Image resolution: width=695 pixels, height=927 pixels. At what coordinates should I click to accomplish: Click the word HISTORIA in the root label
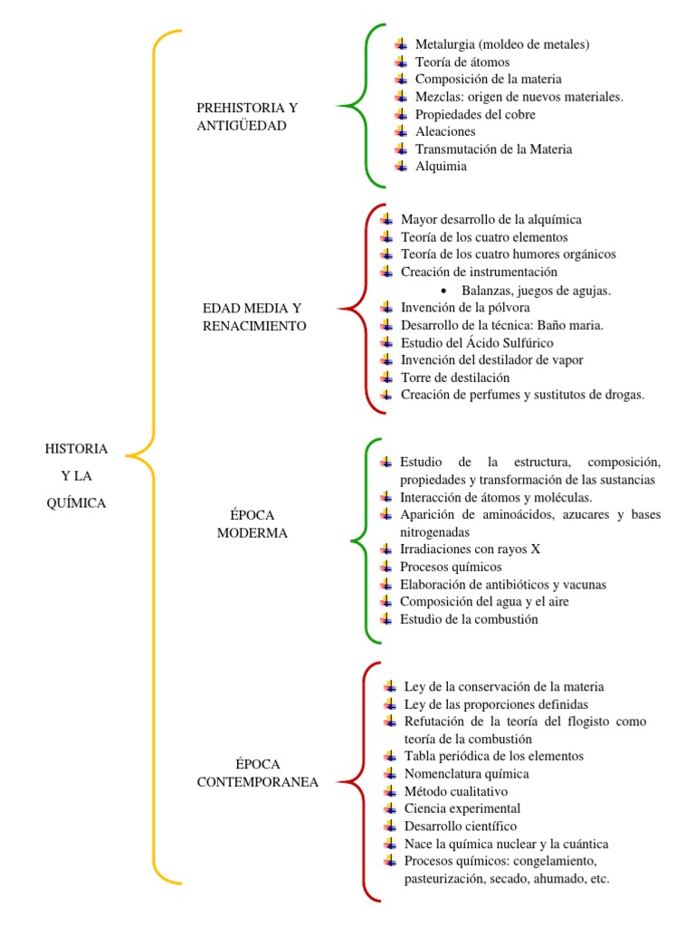[x=76, y=448]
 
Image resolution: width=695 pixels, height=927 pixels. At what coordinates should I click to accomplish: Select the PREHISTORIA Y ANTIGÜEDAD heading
[x=246, y=117]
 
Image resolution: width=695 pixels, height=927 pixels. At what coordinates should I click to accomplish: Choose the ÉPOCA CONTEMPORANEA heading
[x=257, y=773]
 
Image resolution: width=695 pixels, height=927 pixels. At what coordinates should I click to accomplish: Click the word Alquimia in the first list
[x=441, y=166]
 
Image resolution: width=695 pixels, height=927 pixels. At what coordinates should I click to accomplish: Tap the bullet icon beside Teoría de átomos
[x=401, y=62]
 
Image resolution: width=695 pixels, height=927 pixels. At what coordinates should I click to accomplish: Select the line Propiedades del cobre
[x=474, y=114]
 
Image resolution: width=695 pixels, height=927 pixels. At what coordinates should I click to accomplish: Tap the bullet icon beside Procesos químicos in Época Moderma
[x=386, y=567]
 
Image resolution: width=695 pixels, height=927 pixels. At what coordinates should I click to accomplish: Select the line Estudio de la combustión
[x=469, y=619]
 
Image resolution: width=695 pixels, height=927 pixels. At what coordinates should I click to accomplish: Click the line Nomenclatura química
[x=466, y=774]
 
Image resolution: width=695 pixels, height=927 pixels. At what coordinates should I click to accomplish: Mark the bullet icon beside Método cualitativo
[x=390, y=790]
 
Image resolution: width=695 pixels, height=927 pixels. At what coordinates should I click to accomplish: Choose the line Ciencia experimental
[x=462, y=808]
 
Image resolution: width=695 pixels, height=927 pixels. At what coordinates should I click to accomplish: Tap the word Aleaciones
[x=444, y=131]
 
